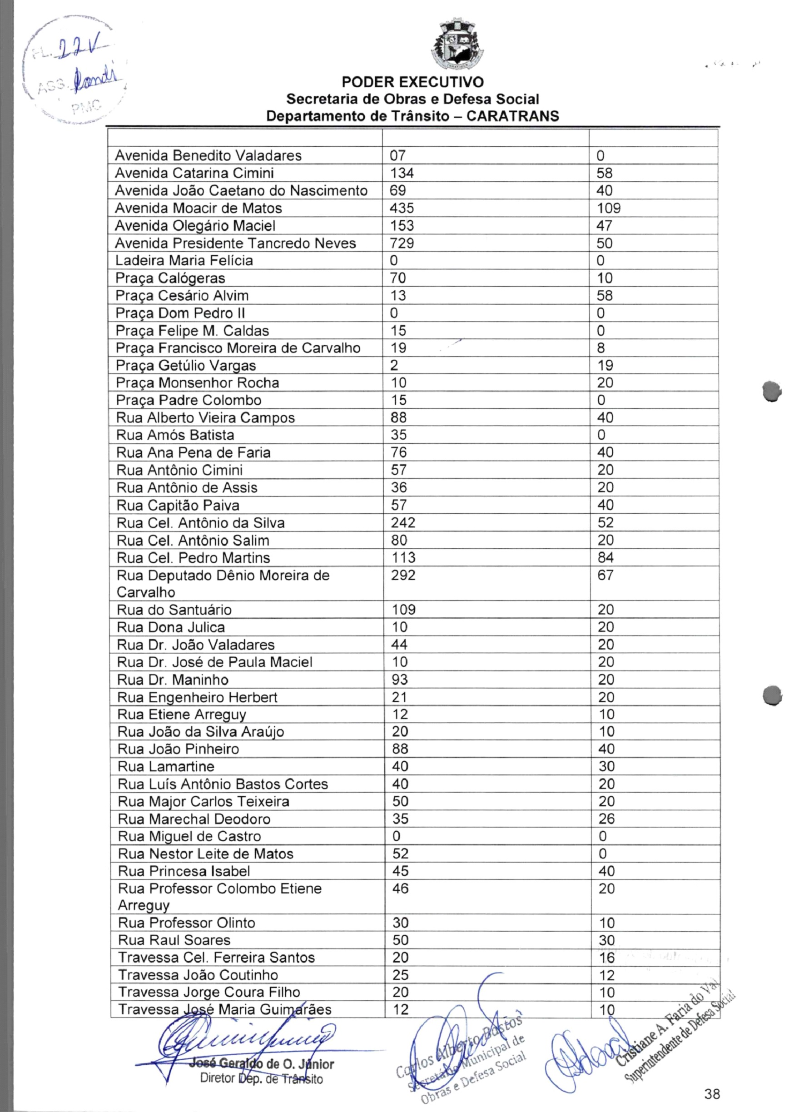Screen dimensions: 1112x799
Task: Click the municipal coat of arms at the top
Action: (457, 45)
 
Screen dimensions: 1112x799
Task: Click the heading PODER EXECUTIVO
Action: (412, 82)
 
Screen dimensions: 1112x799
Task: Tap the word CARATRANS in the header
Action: (512, 116)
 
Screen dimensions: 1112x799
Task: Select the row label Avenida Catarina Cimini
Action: (194, 173)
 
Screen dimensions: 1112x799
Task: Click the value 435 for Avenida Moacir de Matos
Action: (402, 208)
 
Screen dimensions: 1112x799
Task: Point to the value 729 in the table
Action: (402, 243)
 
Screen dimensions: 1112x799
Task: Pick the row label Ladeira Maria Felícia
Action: (184, 260)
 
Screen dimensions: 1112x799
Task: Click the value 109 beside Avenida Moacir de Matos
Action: (608, 208)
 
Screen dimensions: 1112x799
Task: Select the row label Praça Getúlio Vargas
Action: (186, 365)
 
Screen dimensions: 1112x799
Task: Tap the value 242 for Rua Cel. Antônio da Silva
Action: (403, 523)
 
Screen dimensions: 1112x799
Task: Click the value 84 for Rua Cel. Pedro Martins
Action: (605, 557)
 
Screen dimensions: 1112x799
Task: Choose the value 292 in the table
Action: (403, 575)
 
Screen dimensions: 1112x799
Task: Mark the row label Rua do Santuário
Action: (174, 610)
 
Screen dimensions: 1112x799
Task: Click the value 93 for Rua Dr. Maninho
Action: (400, 680)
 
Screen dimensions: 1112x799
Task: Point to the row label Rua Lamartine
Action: (166, 766)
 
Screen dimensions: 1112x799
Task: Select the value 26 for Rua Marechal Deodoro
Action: (606, 819)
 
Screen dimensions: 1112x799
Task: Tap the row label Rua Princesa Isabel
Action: (184, 871)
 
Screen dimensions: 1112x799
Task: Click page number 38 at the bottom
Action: (712, 1094)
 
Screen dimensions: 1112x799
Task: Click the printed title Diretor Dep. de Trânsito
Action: (261, 1079)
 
